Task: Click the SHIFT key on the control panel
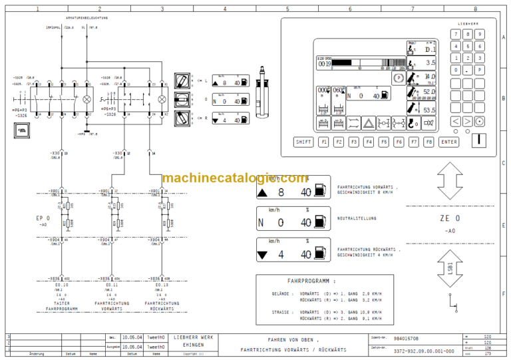tap(303, 142)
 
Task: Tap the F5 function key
tap(384, 142)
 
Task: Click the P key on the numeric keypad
tap(479, 69)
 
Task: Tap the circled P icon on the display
tap(398, 77)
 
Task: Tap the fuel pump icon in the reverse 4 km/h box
tap(320, 254)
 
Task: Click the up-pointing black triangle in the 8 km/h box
tap(263, 192)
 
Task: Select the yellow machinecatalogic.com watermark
tap(234, 178)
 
